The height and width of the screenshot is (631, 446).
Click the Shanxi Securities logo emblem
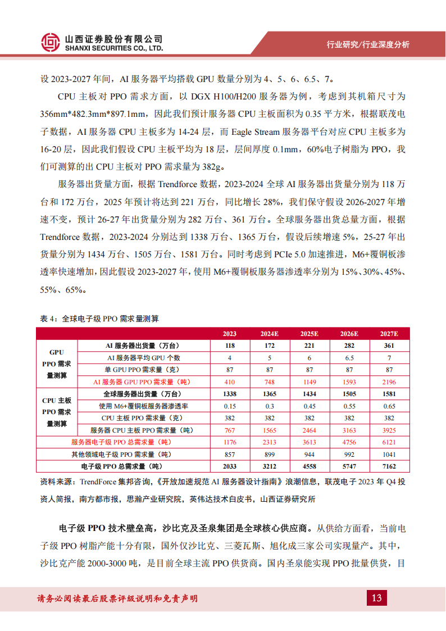click(51, 43)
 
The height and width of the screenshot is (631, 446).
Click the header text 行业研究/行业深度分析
click(368, 44)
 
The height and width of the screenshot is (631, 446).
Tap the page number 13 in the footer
click(376, 597)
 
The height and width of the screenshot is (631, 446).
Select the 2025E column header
click(309, 333)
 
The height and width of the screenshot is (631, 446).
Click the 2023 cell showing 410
click(229, 382)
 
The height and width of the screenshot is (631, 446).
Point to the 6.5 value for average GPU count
click(349, 358)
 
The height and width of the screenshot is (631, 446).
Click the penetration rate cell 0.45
click(309, 406)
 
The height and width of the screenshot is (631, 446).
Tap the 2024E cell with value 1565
click(269, 430)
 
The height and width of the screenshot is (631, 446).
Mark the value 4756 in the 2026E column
click(349, 442)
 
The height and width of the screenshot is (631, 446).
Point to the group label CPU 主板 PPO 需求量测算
click(57, 412)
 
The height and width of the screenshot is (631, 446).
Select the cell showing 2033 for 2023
click(229, 466)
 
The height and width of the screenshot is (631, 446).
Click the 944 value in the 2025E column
click(309, 455)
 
